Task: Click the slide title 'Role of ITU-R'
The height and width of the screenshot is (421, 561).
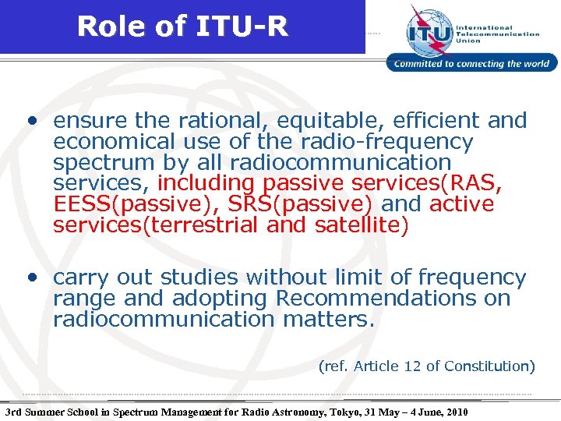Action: (182, 27)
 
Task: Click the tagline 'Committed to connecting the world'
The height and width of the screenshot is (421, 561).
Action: (472, 64)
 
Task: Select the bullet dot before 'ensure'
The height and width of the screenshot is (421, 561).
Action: (30, 122)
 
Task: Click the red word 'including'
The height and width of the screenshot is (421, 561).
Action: (206, 184)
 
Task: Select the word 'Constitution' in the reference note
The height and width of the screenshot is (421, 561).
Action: (489, 366)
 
